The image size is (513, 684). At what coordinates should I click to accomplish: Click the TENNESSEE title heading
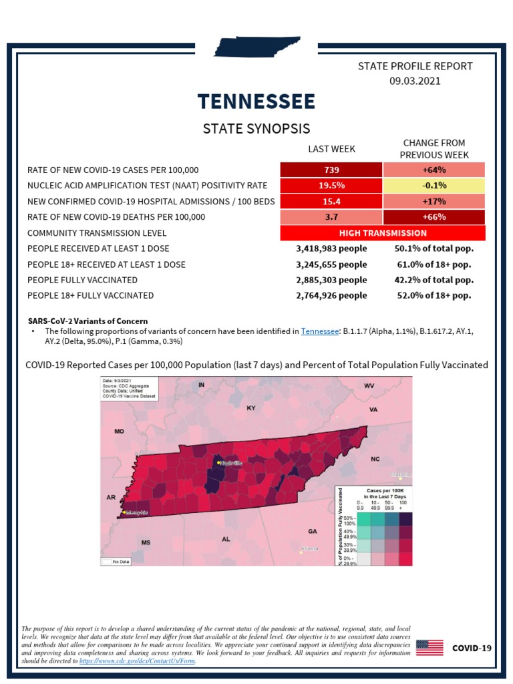(x=256, y=102)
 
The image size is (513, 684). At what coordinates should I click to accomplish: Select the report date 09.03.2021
(x=415, y=81)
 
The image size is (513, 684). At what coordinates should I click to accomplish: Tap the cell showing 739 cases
(x=331, y=170)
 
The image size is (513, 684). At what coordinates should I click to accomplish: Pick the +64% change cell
(x=434, y=170)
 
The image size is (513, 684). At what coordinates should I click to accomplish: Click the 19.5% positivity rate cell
(x=331, y=186)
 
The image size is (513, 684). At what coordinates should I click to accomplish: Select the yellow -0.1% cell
(x=434, y=186)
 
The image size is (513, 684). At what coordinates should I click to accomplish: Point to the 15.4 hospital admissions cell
(x=331, y=201)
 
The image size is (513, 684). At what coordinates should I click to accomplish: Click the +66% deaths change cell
(x=434, y=217)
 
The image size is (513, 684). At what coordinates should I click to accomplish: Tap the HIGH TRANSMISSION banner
(x=383, y=233)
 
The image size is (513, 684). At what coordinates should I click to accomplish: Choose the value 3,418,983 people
(x=331, y=249)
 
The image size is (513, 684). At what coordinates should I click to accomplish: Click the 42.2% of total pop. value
(x=434, y=280)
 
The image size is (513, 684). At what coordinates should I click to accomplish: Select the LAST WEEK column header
(x=331, y=149)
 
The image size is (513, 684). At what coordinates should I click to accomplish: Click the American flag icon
(x=430, y=647)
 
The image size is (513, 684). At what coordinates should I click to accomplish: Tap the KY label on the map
(x=251, y=407)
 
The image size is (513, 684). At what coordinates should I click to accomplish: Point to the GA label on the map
(x=312, y=531)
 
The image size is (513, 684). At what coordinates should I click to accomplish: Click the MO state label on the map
(x=120, y=432)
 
